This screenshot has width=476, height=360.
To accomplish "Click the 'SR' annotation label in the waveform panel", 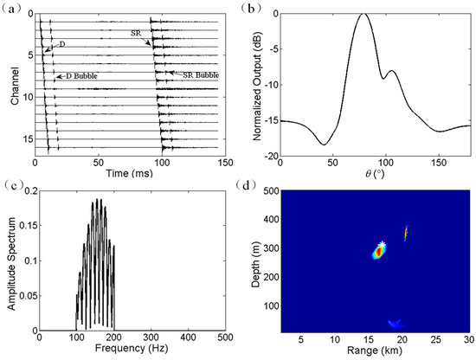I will point(136,31).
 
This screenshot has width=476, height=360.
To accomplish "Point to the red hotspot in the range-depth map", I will point(378,252).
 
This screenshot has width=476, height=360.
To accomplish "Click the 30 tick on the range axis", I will point(468,337).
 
